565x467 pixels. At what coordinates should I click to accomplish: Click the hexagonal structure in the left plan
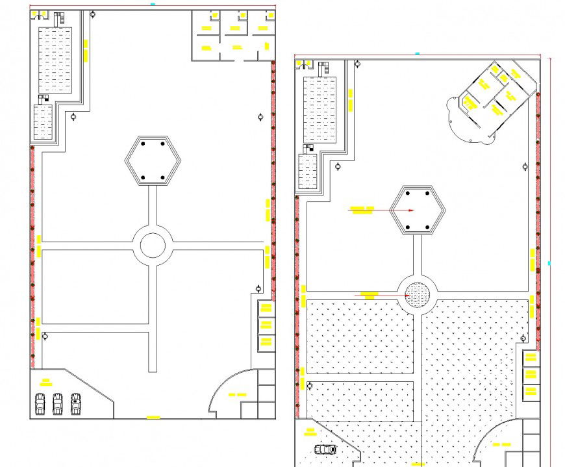coord(152,160)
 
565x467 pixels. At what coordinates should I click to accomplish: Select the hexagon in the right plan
coord(418,210)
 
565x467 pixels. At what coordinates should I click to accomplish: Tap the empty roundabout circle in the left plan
coord(153,246)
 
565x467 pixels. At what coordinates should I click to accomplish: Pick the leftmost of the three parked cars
coord(40,403)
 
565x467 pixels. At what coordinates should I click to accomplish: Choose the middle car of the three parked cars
coord(58,403)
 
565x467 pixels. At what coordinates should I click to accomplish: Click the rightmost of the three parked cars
coord(75,403)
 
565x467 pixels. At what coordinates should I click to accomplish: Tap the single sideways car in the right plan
coord(325,449)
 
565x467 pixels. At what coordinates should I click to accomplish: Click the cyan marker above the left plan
coord(153,4)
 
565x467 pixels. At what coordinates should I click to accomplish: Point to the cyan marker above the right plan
coord(417,53)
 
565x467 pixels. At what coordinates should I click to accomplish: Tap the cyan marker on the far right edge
coord(549,263)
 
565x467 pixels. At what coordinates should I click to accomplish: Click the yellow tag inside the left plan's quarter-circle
coord(237,394)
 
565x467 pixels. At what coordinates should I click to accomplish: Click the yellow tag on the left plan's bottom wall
coord(153,417)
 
